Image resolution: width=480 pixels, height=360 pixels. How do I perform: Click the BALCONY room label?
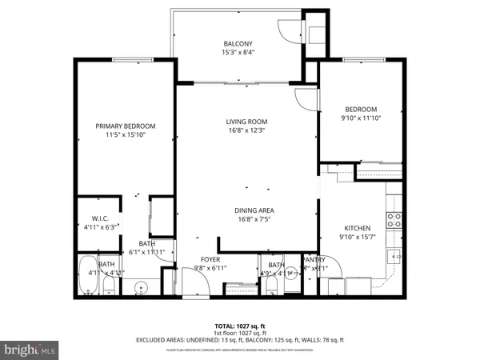tap(238, 44)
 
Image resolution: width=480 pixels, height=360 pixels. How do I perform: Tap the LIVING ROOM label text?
tap(245, 122)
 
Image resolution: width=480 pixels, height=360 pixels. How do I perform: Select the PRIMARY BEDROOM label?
tap(126, 126)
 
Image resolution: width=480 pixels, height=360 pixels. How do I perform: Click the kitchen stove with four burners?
tap(393, 219)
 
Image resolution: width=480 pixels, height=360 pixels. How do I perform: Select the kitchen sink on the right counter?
tap(393, 256)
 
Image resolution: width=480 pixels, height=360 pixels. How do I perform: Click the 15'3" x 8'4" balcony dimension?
tap(238, 53)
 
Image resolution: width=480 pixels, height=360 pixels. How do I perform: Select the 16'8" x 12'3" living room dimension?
tap(245, 130)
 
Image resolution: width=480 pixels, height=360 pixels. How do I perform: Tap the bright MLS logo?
tap(30, 350)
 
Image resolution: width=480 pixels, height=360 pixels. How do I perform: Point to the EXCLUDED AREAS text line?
tap(241, 339)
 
